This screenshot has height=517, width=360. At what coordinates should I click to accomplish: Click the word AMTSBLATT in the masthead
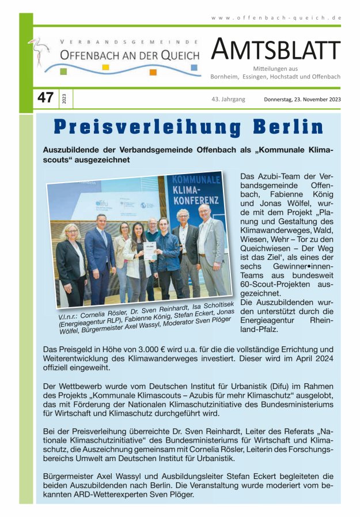click(x=276, y=51)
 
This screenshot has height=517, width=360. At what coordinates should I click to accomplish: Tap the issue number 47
click(x=45, y=98)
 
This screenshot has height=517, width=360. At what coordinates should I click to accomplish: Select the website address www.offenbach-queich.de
click(x=276, y=18)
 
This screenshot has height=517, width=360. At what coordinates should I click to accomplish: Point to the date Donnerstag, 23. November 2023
click(x=302, y=99)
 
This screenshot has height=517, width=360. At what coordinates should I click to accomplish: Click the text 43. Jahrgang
click(x=228, y=99)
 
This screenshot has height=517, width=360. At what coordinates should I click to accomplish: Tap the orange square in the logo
click(x=153, y=72)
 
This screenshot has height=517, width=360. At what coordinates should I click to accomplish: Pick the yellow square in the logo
click(x=105, y=67)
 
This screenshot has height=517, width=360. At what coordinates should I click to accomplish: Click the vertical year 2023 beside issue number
click(x=63, y=99)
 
